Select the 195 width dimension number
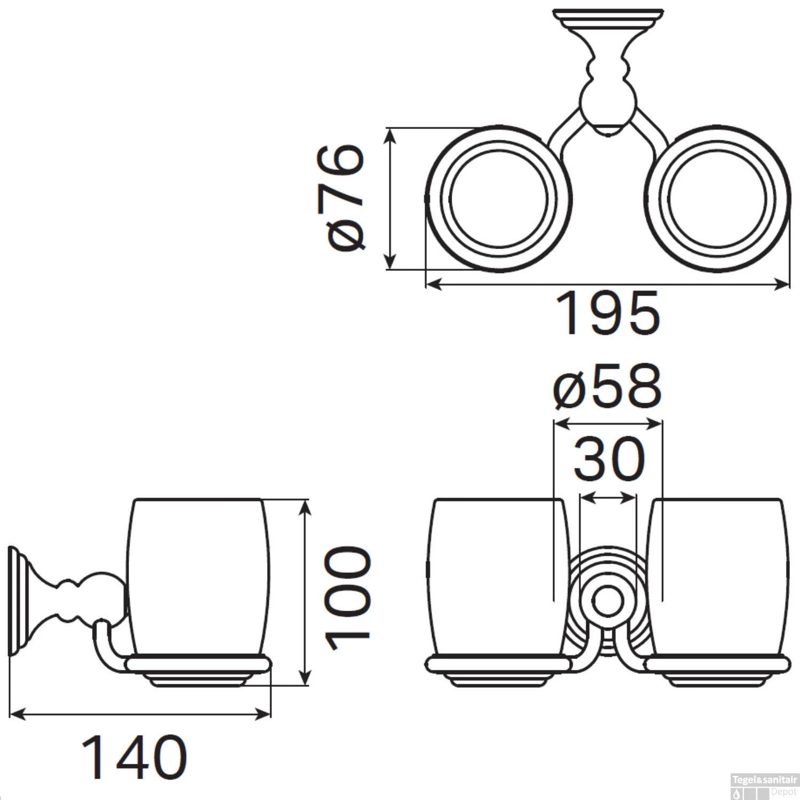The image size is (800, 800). [608, 314]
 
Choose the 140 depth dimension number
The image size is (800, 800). [134, 757]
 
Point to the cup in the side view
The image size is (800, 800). [197, 576]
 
